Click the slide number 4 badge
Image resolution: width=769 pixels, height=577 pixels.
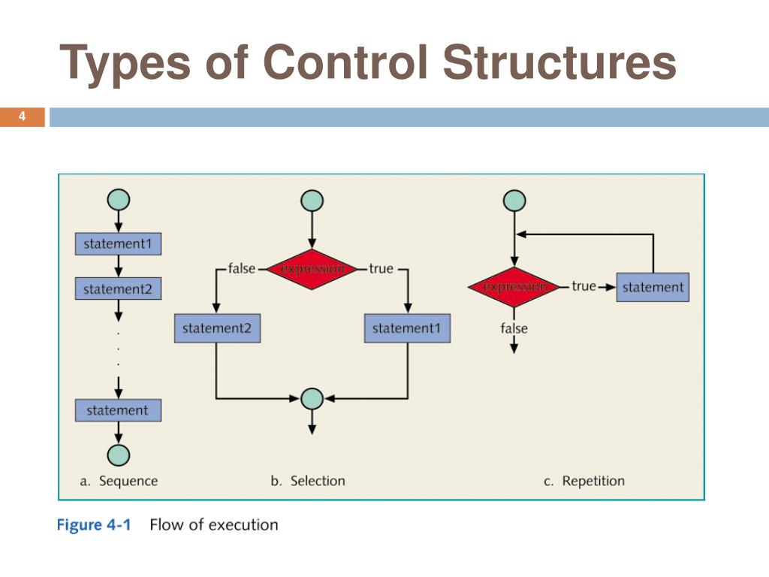22,116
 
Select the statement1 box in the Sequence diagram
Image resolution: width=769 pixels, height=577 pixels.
118,243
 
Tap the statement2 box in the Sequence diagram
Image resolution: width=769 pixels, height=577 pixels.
118,288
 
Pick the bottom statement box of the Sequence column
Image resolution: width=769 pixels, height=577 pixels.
118,410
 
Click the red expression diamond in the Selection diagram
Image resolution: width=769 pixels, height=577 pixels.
312,269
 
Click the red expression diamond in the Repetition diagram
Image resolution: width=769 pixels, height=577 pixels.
514,287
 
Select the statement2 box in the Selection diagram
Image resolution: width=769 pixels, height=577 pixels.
217,328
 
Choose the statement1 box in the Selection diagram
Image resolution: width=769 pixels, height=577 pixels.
408,328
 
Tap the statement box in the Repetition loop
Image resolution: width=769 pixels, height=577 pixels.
653,287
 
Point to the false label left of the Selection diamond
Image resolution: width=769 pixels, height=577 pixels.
241,269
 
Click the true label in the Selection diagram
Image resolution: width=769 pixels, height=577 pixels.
381,269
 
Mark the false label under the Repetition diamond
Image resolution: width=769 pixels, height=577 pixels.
514,328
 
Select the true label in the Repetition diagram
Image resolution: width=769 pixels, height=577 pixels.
584,286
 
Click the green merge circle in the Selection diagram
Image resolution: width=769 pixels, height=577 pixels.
312,398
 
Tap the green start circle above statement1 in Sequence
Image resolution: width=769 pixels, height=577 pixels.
118,200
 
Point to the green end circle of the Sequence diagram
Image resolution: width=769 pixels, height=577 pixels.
118,455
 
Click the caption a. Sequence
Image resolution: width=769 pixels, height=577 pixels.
119,481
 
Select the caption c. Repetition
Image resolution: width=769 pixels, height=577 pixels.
584,481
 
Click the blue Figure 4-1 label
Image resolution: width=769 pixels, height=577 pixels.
94,524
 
